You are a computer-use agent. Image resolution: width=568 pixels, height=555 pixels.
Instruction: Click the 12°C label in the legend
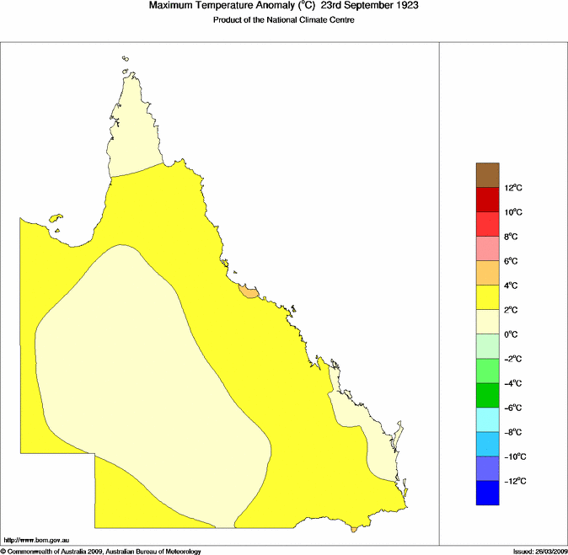(515, 188)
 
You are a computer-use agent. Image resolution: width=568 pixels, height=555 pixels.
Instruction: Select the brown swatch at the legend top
(489, 175)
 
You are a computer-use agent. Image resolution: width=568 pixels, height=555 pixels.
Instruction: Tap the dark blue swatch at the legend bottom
(489, 493)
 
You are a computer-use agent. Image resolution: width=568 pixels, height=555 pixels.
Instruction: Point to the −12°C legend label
(515, 481)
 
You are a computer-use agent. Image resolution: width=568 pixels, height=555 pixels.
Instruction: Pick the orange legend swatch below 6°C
(489, 273)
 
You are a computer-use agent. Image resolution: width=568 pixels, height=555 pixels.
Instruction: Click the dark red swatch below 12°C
(489, 200)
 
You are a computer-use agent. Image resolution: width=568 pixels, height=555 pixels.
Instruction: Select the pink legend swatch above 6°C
(489, 248)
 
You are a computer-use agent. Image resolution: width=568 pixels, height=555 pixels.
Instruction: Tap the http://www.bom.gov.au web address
(36, 539)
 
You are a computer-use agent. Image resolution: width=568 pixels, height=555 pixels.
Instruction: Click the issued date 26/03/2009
(540, 552)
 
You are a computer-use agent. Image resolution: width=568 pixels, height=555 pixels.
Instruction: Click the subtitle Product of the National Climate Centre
(283, 19)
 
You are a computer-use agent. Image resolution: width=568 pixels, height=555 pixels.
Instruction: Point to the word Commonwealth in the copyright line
(35, 552)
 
